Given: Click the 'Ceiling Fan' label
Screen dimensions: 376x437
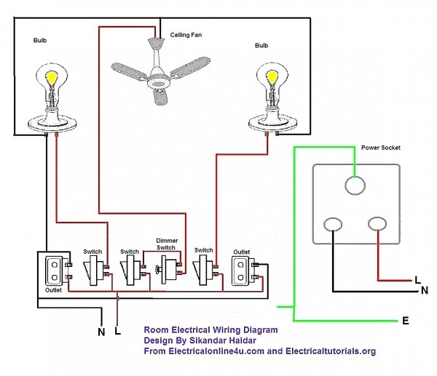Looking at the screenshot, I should (x=187, y=35).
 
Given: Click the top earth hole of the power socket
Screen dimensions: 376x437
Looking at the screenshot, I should (x=355, y=185).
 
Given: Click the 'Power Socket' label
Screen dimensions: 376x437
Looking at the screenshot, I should (x=381, y=148).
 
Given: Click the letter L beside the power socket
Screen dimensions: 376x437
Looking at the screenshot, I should (x=417, y=279).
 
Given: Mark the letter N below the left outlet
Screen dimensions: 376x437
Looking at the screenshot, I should (x=101, y=332).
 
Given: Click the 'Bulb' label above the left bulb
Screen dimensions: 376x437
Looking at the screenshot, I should (x=40, y=41).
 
